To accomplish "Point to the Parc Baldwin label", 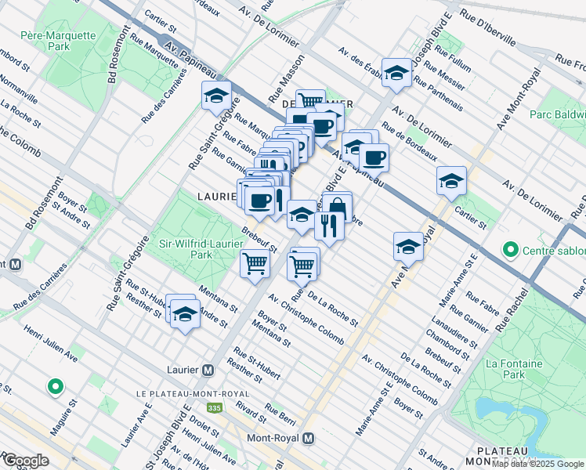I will click(x=558, y=115).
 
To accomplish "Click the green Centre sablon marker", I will click(x=511, y=251).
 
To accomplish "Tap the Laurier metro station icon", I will click(x=208, y=370).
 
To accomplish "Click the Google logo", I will click(x=25, y=461).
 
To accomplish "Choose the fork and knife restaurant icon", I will click(x=328, y=226).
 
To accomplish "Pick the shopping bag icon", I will click(x=338, y=208).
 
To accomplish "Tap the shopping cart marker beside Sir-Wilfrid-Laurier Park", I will click(x=254, y=264).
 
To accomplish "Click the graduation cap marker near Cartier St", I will click(x=451, y=181).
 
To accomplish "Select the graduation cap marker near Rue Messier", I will click(x=396, y=74).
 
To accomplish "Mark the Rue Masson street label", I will click(x=285, y=85).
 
